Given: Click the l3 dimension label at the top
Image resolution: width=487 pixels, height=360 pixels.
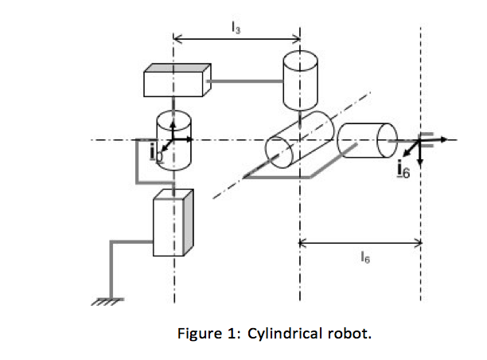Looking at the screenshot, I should tap(235, 26).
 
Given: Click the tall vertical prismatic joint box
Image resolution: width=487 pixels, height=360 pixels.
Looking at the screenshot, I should tap(173, 223).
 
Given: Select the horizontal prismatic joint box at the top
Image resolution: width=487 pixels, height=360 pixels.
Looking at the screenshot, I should tap(177, 80).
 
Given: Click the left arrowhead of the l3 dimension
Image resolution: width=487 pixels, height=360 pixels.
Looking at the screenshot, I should tap(177, 37).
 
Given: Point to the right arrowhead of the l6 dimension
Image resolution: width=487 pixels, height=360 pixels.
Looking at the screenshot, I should tap(417, 244).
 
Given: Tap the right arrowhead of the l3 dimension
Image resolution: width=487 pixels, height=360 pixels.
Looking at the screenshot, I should tap(296, 37).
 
